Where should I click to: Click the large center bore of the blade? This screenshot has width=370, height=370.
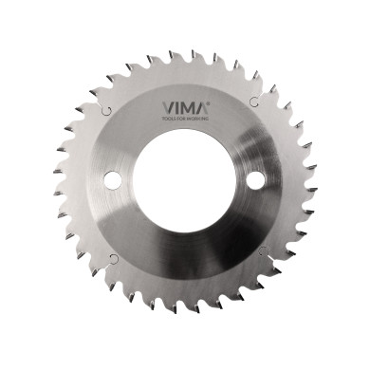(x=185, y=180)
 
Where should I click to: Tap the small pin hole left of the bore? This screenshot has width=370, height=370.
(x=112, y=178)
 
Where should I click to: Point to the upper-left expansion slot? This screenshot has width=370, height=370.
(x=106, y=110)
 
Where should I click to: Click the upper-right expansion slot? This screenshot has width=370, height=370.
(x=254, y=102)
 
